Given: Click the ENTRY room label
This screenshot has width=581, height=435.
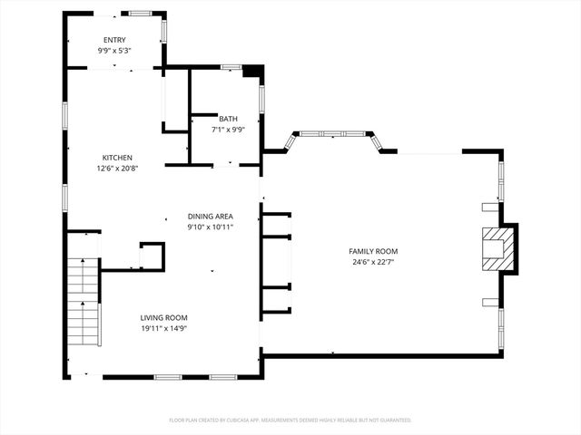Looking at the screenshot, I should (x=114, y=40).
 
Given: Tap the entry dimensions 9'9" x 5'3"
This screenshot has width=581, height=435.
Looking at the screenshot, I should (x=114, y=51).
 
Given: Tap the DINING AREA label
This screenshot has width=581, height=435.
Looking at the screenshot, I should (x=211, y=216).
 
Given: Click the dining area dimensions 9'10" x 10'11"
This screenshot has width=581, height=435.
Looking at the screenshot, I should (x=211, y=227).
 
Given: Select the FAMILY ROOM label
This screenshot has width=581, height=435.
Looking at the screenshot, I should (x=373, y=251).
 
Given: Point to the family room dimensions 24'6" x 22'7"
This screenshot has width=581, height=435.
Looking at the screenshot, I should (x=373, y=262).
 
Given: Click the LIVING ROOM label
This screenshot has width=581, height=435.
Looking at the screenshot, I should (x=163, y=317).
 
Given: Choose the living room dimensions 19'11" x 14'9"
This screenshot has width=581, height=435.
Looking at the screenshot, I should (x=163, y=328).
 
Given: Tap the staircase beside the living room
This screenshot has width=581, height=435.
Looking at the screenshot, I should (x=84, y=301).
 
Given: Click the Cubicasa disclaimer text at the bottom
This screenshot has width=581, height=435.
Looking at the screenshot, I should (x=290, y=420).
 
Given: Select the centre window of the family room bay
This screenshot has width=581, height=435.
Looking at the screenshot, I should (x=332, y=134).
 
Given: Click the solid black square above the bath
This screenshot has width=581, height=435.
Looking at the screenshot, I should (x=253, y=71).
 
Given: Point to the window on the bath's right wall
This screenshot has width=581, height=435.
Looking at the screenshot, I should (x=261, y=98).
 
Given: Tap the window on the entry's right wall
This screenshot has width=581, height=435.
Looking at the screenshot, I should (x=163, y=31).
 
